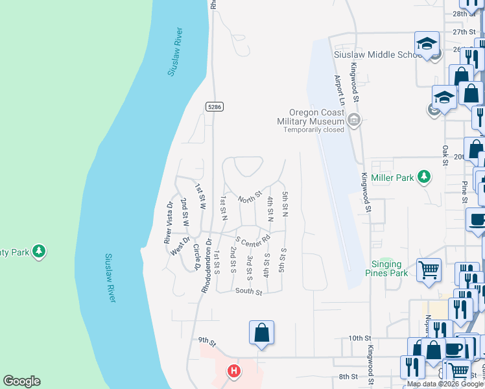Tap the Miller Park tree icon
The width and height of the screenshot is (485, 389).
tap(424, 176)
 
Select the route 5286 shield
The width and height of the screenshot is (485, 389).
tap(215, 106)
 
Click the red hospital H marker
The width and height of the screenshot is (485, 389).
tap(234, 371)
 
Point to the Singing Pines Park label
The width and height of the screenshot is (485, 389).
tap(396, 268)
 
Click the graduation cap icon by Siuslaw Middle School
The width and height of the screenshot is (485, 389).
tap(427, 44)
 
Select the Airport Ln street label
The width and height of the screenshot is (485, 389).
tap(338, 90)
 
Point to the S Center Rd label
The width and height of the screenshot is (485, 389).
tap(254, 242)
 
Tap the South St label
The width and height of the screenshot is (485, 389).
tap(248, 292)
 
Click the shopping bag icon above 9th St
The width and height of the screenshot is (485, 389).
tap(261, 333)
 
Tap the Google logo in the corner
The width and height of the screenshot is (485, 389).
tap(21, 381)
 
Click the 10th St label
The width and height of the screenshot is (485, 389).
tap(359, 338)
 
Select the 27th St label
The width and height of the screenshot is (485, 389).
tap(464, 32)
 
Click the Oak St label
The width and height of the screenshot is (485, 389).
tap(445, 156)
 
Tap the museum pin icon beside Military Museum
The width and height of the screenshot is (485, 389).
tap(353, 119)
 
